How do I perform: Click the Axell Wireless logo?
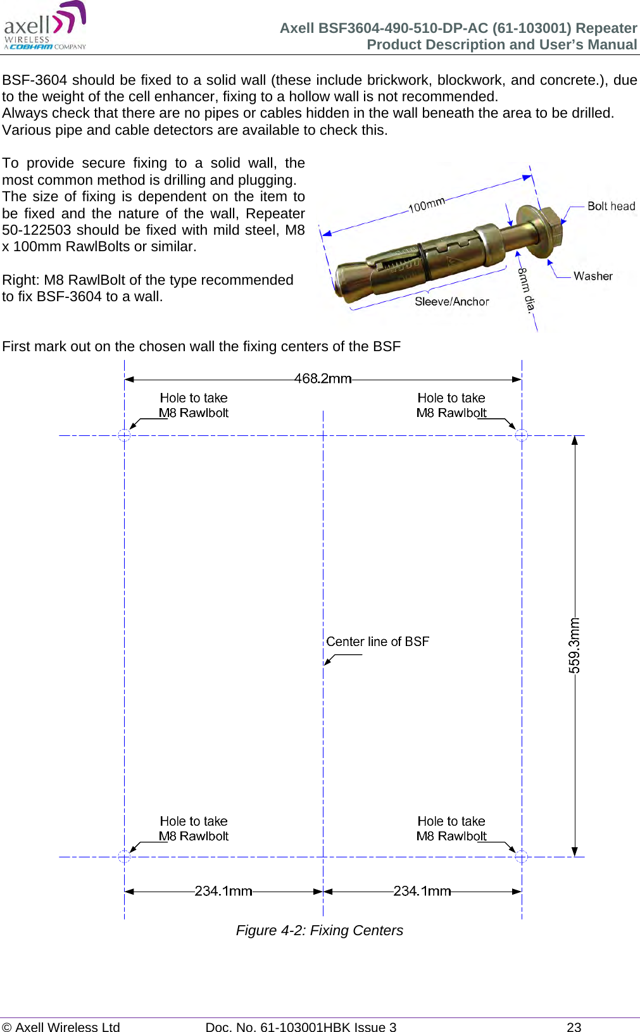click(45, 26)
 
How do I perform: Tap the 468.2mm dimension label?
click(322, 378)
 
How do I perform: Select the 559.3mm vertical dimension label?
click(574, 645)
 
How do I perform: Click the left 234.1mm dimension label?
click(223, 891)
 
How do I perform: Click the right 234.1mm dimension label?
click(422, 891)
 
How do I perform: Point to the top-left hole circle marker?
click(124, 435)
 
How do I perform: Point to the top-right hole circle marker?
click(521, 435)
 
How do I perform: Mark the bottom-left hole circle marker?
click(124, 857)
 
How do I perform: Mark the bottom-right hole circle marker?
click(521, 857)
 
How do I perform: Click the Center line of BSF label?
click(377, 642)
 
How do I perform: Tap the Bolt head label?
click(611, 206)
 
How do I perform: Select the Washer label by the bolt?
click(593, 276)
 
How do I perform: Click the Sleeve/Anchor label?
click(451, 302)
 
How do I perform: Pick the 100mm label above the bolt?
click(426, 205)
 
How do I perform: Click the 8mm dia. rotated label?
click(527, 289)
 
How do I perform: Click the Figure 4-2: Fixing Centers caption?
click(319, 930)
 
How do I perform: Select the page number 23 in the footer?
click(574, 1027)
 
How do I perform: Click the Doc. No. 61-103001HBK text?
click(301, 1027)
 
